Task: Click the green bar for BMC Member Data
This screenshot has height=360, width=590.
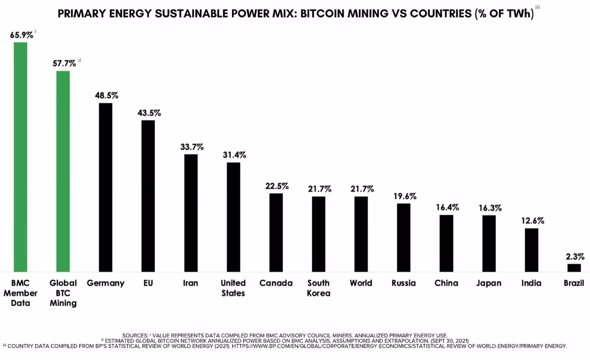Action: click(x=20, y=157)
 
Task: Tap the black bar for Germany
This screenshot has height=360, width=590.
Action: click(x=106, y=187)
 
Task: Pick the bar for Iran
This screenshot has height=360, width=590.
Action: click(x=191, y=213)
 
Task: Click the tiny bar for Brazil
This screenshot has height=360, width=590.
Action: click(x=574, y=268)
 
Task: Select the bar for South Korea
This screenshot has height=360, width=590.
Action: click(x=319, y=234)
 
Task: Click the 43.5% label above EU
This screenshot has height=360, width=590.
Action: click(x=148, y=113)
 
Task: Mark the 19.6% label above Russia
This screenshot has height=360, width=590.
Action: click(x=404, y=196)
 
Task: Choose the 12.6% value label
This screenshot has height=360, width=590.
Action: click(x=532, y=220)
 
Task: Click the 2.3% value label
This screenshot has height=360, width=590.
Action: click(x=574, y=256)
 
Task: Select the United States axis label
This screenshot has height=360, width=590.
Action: click(x=233, y=288)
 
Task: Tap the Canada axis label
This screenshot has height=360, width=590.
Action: click(x=276, y=283)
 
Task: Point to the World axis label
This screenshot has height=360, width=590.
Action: click(x=361, y=283)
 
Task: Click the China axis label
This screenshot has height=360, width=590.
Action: click(x=446, y=283)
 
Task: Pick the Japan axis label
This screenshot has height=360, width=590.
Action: click(x=489, y=283)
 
